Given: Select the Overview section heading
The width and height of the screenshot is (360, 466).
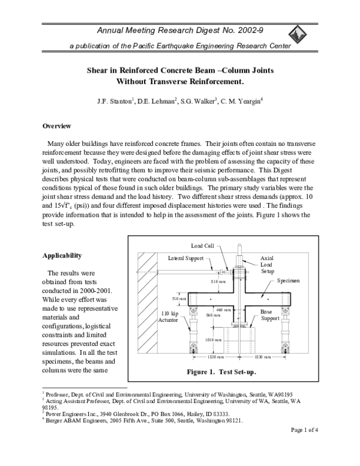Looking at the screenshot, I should pyautogui.click(x=57, y=126).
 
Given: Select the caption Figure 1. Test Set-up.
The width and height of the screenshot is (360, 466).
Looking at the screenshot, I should pyautogui.click(x=221, y=372).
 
